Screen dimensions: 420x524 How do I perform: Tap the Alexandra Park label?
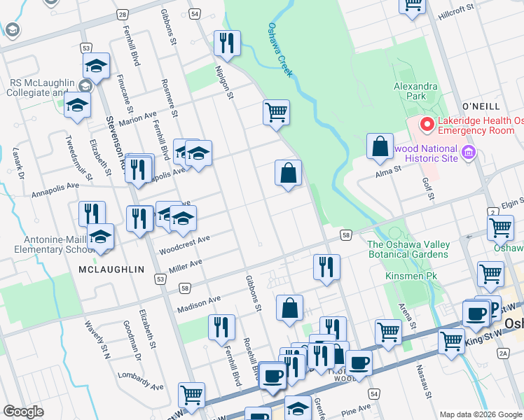(415, 91)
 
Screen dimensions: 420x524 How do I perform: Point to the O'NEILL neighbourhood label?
(481, 106)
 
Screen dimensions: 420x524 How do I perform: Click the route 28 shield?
(123, 14)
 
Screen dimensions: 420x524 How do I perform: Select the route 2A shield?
(503, 354)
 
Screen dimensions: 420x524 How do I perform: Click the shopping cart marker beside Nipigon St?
(277, 112)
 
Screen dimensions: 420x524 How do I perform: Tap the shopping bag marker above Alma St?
(380, 147)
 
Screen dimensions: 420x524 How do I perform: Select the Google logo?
(23, 412)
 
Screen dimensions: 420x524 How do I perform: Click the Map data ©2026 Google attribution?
(480, 414)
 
